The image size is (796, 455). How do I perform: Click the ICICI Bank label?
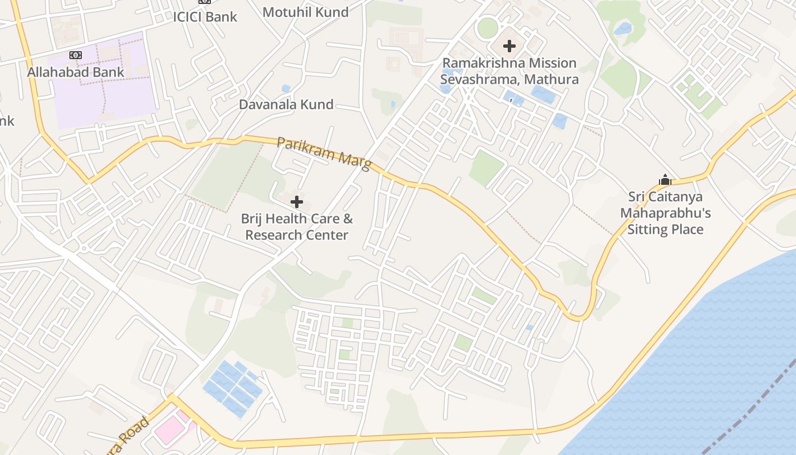[205, 16]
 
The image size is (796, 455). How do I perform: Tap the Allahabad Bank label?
[76, 72]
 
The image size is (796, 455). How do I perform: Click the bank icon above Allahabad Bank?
[76, 55]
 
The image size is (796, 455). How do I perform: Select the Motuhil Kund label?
[305, 12]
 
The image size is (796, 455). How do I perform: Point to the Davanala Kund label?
[286, 105]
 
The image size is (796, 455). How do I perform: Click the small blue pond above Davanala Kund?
[285, 89]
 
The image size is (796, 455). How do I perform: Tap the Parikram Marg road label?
[324, 152]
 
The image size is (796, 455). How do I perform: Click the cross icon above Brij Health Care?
[296, 202]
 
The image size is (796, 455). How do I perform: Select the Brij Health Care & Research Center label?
[297, 226]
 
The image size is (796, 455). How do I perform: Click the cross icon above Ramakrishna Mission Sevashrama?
[509, 46]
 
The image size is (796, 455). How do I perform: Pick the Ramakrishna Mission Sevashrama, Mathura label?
[509, 71]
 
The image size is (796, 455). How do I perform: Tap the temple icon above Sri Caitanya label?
[665, 180]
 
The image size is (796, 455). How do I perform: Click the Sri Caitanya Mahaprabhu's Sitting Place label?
[665, 213]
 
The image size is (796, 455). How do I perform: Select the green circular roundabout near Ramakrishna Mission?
[487, 28]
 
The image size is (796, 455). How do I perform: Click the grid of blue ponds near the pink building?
[233, 386]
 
